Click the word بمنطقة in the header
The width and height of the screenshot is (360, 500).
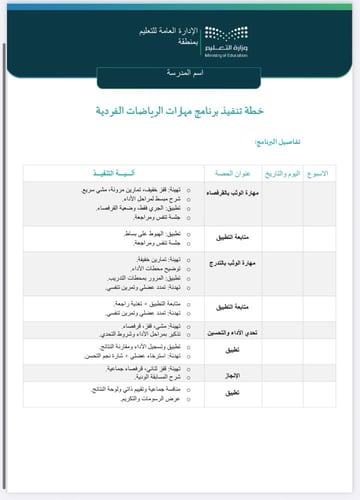coord(180,46)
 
